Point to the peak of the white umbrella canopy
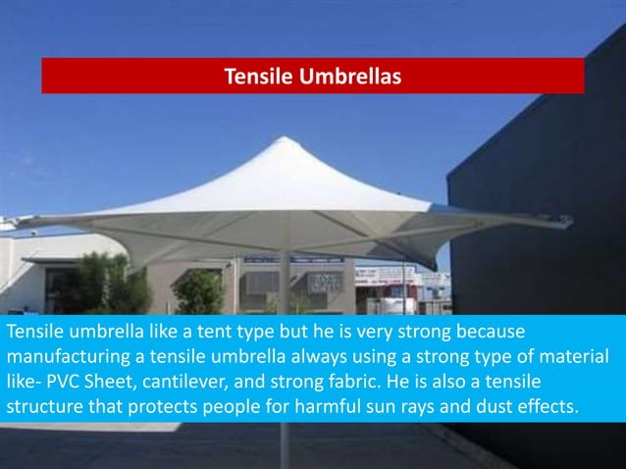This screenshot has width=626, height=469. [283, 141]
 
